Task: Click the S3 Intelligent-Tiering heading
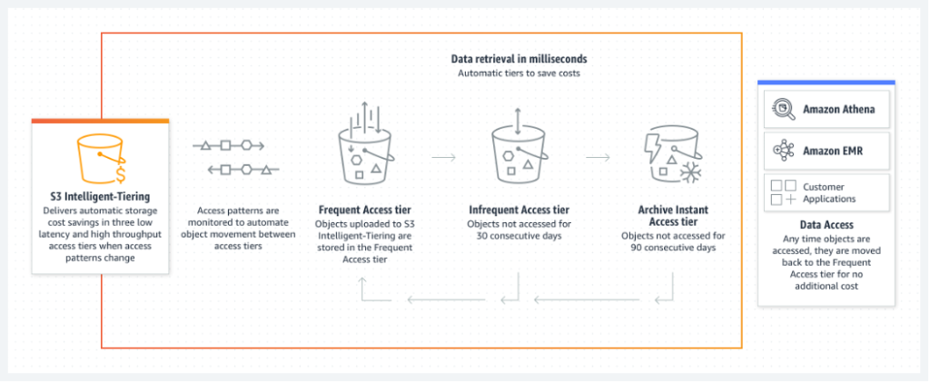click(100, 195)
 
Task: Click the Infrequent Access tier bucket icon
click(518, 154)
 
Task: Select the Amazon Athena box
click(826, 111)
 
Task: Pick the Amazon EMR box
click(826, 151)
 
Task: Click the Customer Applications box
click(826, 191)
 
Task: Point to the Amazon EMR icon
click(782, 151)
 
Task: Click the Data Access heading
click(826, 224)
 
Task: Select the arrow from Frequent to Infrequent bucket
click(443, 157)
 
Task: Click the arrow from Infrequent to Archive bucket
click(597, 157)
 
